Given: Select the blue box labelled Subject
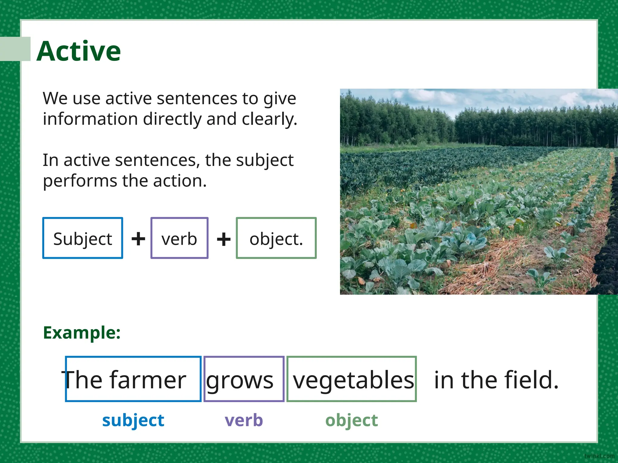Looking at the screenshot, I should [x=83, y=238].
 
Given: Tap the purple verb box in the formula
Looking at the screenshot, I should [x=179, y=238].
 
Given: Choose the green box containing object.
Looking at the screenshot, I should [x=276, y=238].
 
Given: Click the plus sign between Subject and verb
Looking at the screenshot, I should [x=138, y=239].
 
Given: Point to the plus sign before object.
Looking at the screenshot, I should [x=224, y=239].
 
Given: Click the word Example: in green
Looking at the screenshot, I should [x=82, y=333].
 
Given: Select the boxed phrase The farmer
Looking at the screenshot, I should [x=133, y=379].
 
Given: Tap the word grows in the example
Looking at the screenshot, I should [x=240, y=380].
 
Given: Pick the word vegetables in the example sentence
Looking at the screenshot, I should [x=353, y=380].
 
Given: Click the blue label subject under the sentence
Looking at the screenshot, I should [x=133, y=420].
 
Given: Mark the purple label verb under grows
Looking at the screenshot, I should [x=244, y=420].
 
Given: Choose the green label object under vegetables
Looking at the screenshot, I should [x=351, y=420].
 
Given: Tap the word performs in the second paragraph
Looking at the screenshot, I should [x=80, y=181].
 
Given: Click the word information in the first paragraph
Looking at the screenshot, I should [x=90, y=119].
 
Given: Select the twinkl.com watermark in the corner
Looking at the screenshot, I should [x=599, y=456].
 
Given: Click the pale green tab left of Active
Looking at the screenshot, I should [x=15, y=49].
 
